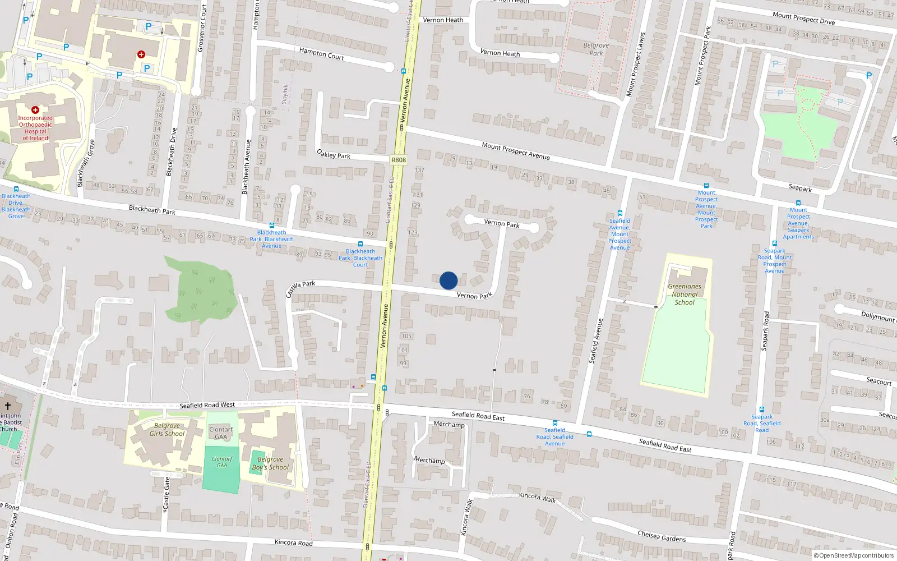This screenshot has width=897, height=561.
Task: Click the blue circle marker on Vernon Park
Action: (449, 280)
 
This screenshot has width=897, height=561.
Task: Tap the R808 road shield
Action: (399, 160)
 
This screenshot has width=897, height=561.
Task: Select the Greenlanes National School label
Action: (685, 294)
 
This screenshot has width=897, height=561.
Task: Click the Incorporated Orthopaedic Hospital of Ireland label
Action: (35, 128)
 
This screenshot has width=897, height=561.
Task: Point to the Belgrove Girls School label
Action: (167, 430)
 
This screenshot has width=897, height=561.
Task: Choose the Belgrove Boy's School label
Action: (271, 463)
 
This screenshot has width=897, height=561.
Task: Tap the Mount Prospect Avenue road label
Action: (516, 151)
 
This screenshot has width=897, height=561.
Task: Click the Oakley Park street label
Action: (334, 154)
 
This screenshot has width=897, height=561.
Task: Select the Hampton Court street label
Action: (321, 54)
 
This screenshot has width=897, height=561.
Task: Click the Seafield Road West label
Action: (207, 405)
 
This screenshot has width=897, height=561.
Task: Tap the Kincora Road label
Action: (293, 542)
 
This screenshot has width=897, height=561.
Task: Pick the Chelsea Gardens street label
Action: (662, 536)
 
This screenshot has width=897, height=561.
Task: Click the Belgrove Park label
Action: (596, 49)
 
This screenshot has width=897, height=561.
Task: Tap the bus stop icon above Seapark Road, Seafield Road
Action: (761, 410)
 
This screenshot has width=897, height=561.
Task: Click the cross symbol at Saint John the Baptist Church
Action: (8, 406)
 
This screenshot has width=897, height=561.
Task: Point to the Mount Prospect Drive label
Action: (803, 19)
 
